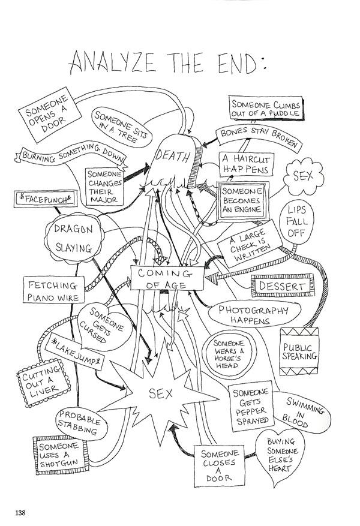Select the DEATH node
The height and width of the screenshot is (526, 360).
pos(174,157)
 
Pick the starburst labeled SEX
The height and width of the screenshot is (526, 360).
pos(160,394)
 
